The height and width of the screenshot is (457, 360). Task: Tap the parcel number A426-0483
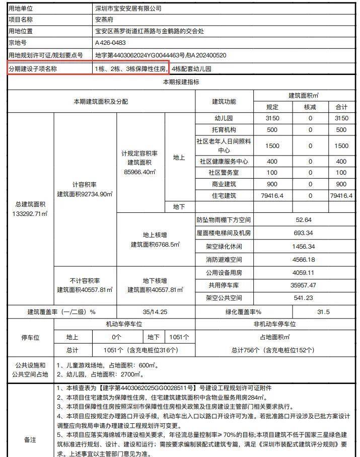pyautogui.click(x=110, y=43)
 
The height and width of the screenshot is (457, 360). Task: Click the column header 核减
pyautogui.click(x=311, y=107)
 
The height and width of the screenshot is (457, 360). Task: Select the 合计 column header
pyautogui.click(x=341, y=107)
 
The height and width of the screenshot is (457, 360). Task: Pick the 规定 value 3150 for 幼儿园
pyautogui.click(x=272, y=118)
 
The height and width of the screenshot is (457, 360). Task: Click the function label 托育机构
pyautogui.click(x=224, y=129)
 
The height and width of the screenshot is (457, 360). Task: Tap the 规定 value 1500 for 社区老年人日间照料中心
pyautogui.click(x=272, y=145)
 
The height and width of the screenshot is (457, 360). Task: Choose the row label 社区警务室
pyautogui.click(x=224, y=173)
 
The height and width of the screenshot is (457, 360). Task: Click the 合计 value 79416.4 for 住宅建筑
pyautogui.click(x=341, y=195)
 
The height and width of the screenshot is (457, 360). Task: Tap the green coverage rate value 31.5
pyautogui.click(x=323, y=312)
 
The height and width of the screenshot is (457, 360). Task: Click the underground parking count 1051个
pyautogui.click(x=179, y=337)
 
